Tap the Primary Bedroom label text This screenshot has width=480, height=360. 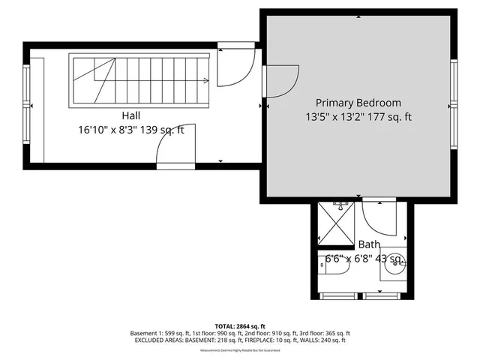click(x=358, y=103)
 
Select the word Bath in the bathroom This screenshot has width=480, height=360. click(x=368, y=244)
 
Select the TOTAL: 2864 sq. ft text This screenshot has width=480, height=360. click(x=240, y=326)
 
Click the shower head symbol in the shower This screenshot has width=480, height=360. click(x=337, y=205)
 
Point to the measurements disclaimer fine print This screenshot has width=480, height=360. click(x=240, y=349)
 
